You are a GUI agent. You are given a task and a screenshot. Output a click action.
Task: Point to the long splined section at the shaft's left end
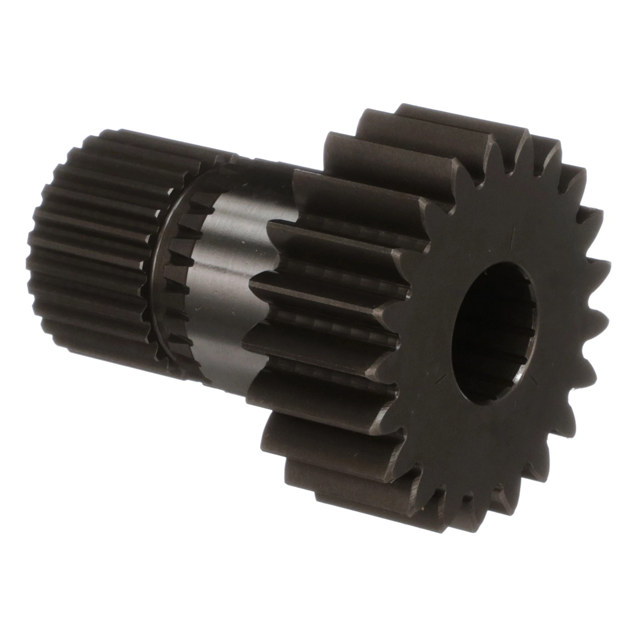click(92, 251)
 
